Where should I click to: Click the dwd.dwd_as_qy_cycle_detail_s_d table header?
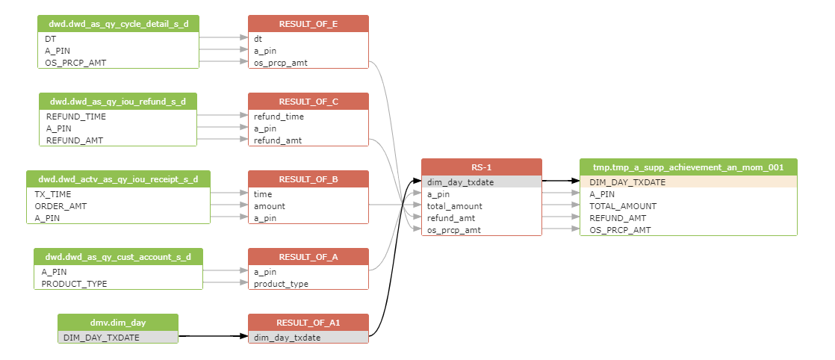119,24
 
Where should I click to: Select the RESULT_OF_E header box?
308,24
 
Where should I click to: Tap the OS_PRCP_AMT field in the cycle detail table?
75,63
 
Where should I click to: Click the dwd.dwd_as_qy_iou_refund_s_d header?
118,102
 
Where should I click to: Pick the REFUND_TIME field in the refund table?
76,117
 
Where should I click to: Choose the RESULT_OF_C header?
308,102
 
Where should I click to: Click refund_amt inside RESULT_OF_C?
279,140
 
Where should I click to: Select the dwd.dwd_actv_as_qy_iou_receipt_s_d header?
118,179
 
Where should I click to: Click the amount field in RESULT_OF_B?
269,206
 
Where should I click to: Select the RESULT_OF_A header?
308,257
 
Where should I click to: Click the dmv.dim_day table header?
118,323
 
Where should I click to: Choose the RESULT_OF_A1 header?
308,323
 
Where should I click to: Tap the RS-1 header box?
482,167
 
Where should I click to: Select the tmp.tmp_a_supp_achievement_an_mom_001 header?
688,167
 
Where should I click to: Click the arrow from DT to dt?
223,37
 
